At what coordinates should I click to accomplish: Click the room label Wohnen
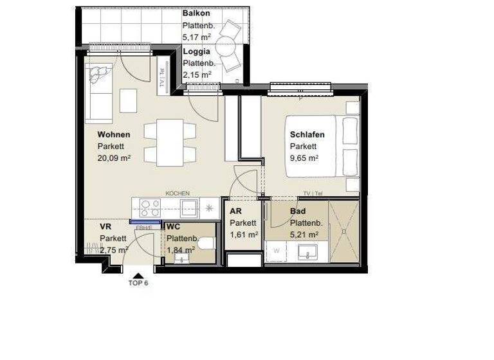point(114,135)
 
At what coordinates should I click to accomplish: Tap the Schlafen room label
point(307,135)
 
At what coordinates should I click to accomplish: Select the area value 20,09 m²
point(114,158)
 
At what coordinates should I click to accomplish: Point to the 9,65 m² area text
point(304,158)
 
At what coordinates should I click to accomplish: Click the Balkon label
point(196,14)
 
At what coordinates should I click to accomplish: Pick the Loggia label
point(196,51)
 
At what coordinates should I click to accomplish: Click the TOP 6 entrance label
point(138,283)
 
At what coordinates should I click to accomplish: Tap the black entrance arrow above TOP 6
point(138,274)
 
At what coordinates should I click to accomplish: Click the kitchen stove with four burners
point(150,208)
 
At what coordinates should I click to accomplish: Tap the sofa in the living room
point(100,93)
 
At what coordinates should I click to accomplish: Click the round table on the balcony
point(226,46)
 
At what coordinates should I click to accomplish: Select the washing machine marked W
point(277,251)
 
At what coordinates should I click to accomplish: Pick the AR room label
point(235,212)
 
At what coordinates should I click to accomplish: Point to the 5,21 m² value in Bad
point(306,234)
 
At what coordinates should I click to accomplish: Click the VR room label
point(105,227)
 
